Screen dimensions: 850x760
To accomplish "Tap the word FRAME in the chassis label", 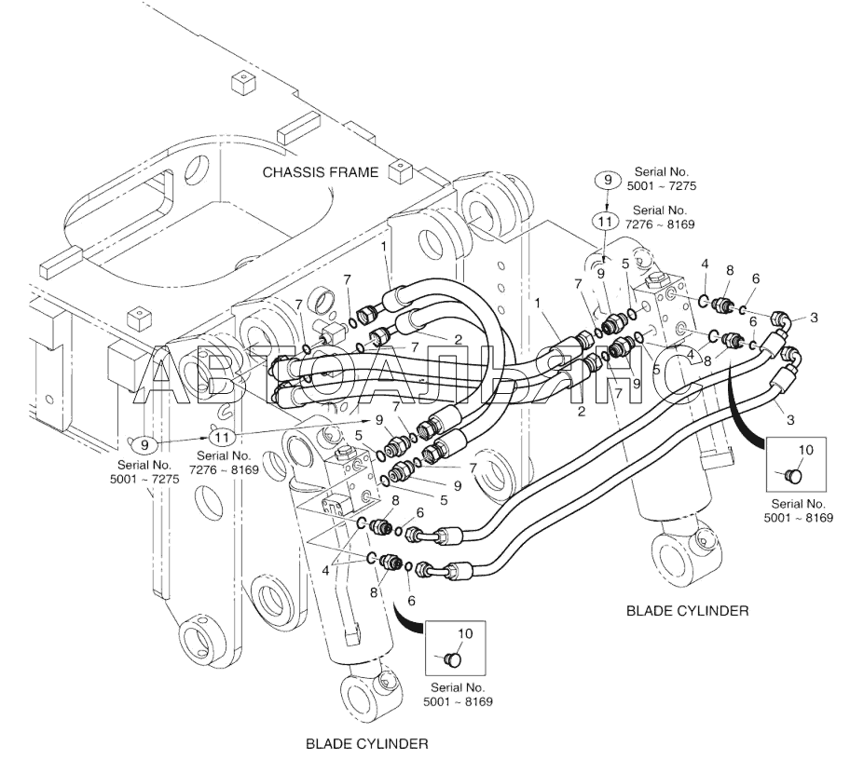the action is tap(354, 172).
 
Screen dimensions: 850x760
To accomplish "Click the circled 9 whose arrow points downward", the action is tap(607, 180).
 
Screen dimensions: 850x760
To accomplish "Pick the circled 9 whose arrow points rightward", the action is tap(144, 445).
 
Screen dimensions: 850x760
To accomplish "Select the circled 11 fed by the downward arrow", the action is tap(605, 221).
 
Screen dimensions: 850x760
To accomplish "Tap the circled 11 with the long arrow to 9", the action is tap(222, 437).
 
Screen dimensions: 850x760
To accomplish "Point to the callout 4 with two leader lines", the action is tap(325, 570).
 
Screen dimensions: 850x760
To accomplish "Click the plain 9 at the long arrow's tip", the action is tap(379, 420).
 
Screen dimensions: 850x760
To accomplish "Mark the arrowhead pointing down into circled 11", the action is tap(607, 209).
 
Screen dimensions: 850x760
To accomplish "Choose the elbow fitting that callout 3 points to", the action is tap(781, 319).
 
